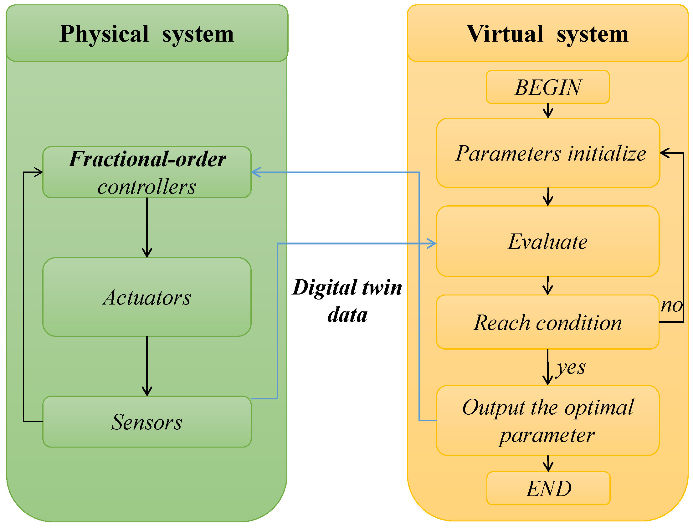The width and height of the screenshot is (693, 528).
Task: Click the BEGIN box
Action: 547,87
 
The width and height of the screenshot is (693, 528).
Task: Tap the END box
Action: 548,488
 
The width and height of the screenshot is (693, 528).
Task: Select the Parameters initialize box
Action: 548,153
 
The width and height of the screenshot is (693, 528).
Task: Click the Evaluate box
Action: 547,241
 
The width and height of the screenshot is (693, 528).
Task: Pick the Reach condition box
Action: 547,322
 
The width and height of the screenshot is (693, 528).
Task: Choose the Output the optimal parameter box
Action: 547,421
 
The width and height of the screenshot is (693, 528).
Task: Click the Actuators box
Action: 147,297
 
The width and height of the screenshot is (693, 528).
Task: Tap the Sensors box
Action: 147,422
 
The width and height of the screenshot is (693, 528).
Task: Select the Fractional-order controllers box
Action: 147,172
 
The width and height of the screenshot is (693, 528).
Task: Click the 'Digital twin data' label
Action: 347,301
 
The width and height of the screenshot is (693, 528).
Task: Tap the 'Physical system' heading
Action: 147,33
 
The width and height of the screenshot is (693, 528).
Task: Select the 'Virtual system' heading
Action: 547,33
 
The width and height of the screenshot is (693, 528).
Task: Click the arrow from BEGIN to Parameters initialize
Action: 548,111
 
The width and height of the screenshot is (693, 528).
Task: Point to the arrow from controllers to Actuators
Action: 147,228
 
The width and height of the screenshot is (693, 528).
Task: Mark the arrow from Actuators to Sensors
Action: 147,366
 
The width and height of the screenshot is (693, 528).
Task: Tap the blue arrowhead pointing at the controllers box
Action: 256,172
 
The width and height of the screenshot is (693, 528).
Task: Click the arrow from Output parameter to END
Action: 548,464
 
